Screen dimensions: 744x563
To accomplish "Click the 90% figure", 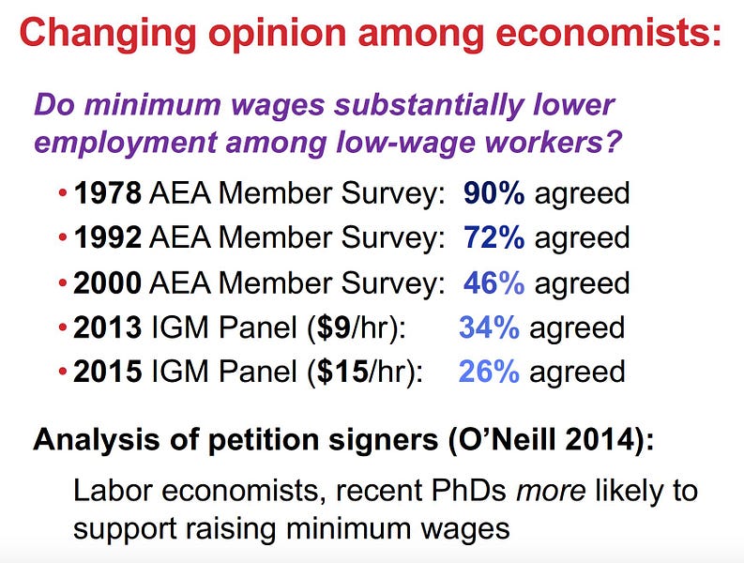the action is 493,193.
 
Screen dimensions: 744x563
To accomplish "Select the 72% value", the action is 493,237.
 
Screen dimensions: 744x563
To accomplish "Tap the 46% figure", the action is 493,282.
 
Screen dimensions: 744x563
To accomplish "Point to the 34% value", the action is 489,327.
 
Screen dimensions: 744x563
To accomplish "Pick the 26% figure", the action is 489,372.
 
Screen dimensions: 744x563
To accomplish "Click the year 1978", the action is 107,193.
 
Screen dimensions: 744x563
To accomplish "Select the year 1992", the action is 107,237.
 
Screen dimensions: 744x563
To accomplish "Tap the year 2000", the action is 107,282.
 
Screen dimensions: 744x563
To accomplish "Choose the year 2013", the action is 107,327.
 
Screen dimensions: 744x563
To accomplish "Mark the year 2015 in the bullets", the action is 107,372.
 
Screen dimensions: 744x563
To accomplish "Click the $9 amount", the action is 334,327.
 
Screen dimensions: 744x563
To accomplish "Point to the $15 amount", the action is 342,372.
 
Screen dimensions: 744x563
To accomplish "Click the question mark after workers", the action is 613,142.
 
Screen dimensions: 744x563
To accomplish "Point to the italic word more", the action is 551,491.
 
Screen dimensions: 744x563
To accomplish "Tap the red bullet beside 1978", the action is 63,193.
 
